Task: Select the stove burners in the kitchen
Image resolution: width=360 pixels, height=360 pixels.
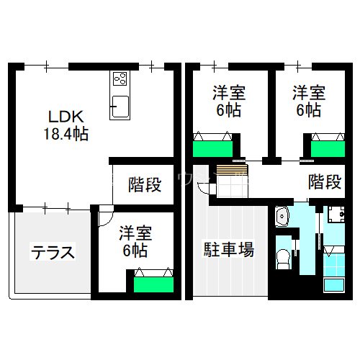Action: click(x=120, y=79)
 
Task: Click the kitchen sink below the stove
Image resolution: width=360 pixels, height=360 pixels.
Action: click(x=120, y=107)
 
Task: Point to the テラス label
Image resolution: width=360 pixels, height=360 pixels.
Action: click(x=52, y=253)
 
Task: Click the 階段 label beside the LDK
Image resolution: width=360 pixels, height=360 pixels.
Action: click(x=145, y=185)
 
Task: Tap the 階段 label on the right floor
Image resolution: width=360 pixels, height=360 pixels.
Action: click(x=324, y=182)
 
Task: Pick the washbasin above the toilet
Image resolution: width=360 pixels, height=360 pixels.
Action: click(x=282, y=216)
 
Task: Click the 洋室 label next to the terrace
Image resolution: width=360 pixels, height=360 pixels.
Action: click(x=135, y=234)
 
